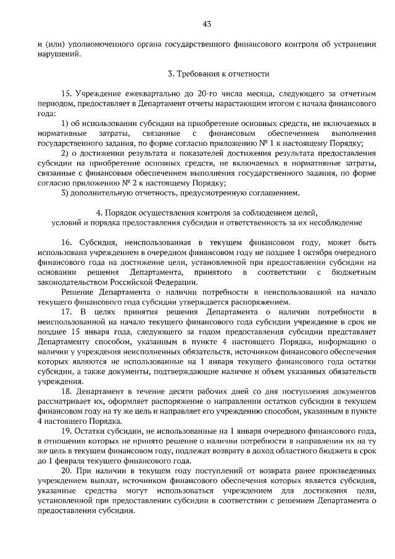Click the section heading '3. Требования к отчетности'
tap(218, 74)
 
